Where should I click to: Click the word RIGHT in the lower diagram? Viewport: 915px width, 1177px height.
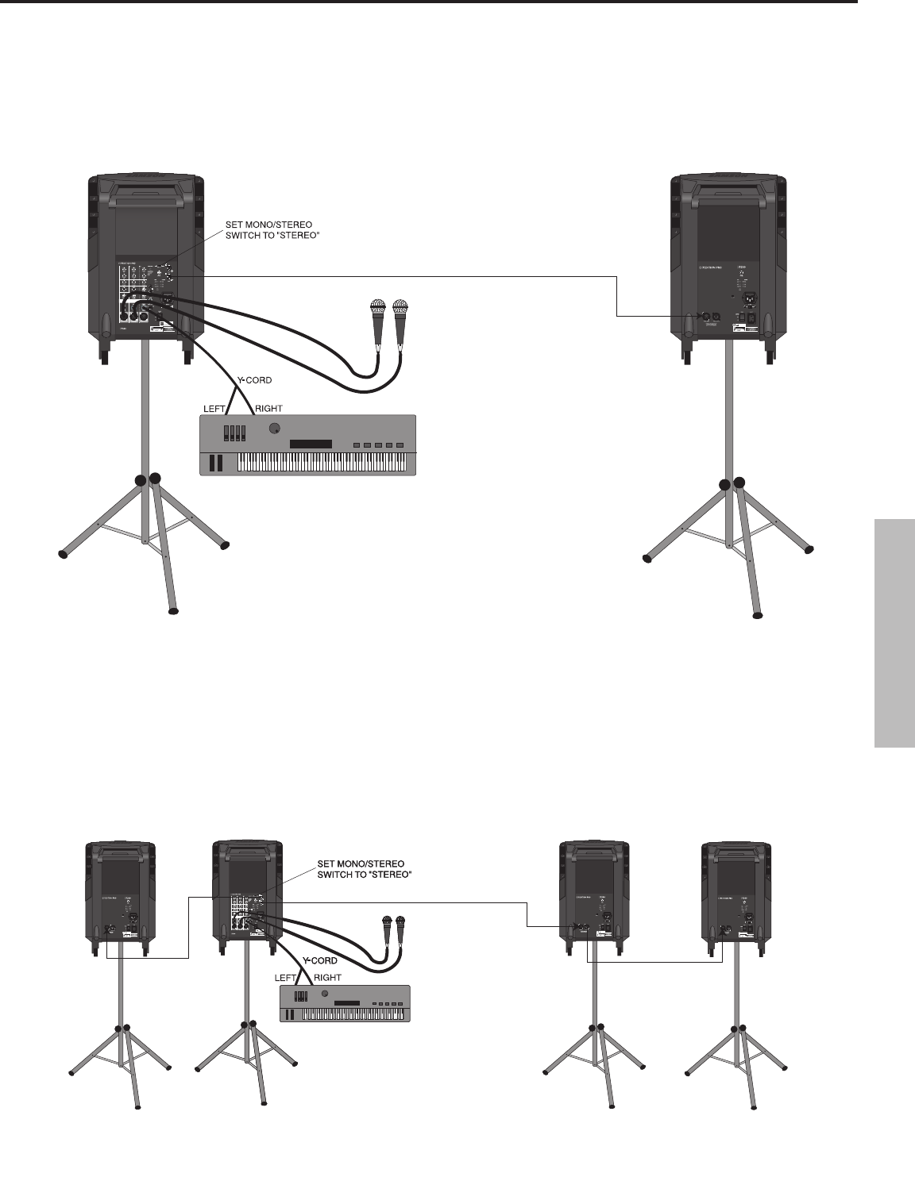click(328, 978)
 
